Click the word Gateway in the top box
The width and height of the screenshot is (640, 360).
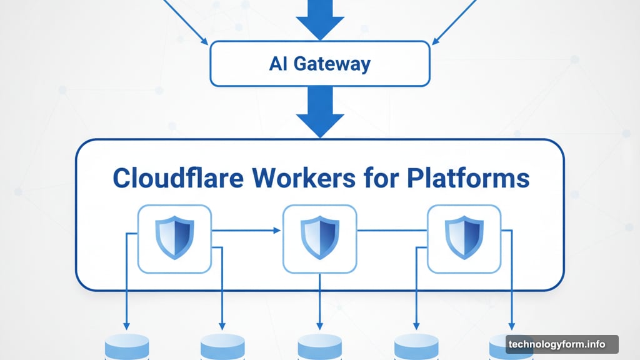point(335,64)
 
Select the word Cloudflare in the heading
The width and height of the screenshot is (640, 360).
point(177,178)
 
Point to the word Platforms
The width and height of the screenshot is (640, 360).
point(468,178)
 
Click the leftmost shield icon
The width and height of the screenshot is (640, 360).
point(174,238)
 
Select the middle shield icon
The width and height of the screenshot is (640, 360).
point(319,238)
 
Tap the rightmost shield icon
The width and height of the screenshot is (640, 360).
point(464,238)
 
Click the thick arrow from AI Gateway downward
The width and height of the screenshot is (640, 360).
point(319,112)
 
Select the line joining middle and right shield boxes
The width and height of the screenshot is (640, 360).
point(391,231)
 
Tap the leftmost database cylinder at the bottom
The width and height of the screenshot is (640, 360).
point(126,347)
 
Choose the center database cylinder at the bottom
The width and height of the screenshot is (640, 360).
point(319,347)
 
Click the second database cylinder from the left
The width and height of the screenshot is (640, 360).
point(222,347)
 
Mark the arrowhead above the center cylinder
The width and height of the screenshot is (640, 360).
point(319,325)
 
